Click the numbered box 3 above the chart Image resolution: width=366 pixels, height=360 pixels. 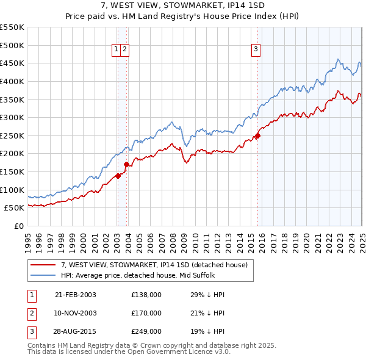256,50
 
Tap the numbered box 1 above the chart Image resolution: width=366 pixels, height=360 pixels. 116,50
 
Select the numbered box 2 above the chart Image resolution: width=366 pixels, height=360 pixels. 124,50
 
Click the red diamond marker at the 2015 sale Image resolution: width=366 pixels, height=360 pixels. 257,136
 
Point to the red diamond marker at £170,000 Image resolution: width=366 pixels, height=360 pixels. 126,164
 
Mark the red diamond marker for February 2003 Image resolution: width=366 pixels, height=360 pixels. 118,176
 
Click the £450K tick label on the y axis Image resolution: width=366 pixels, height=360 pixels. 12,63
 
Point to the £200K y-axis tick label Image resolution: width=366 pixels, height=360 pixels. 12,154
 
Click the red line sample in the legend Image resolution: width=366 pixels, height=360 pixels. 43,265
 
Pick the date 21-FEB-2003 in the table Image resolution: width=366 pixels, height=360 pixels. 76,295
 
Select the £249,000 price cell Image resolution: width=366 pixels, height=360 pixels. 146,331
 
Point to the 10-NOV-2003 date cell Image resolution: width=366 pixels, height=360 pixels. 76,313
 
